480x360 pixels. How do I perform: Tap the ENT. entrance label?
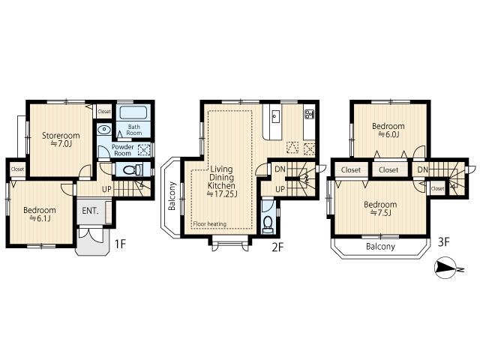91,211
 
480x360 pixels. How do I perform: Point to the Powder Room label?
122,149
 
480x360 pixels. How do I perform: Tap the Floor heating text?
209,223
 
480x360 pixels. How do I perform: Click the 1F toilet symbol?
130,170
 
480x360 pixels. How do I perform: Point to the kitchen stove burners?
308,114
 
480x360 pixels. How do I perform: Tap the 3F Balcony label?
381,246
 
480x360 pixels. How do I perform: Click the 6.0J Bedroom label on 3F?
388,130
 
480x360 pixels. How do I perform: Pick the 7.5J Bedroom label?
380,208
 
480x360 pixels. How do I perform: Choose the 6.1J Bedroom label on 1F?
39,214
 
